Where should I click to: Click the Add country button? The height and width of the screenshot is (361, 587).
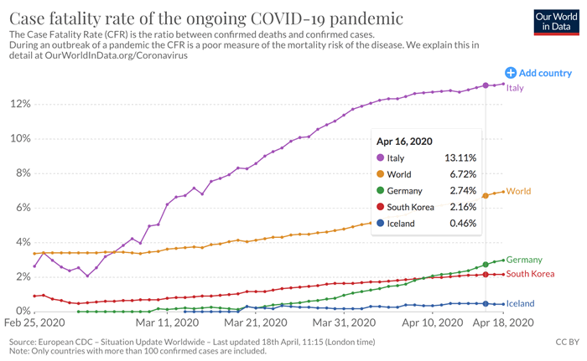point(538,73)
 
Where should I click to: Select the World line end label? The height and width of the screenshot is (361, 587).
point(519,192)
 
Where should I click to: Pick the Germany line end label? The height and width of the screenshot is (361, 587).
point(525,260)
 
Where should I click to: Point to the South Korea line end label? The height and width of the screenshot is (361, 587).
point(531,274)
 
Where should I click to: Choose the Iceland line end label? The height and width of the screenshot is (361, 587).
point(521,303)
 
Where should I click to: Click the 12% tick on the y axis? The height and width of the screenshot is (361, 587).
point(19,104)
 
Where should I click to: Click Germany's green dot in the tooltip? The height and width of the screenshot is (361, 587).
point(382,191)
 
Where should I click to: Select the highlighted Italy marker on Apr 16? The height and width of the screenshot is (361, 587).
point(486,85)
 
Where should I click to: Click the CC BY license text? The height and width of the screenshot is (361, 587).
point(567,343)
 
